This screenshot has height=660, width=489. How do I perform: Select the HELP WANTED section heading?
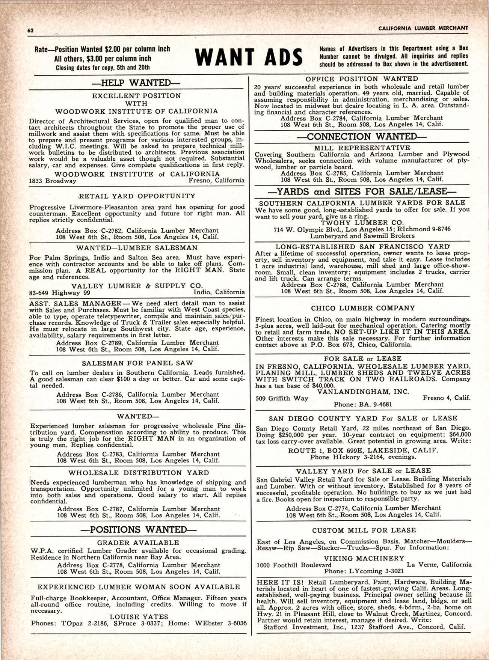click(136, 83)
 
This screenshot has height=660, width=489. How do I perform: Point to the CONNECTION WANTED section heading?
click(362, 136)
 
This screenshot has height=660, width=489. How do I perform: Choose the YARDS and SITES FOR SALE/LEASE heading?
click(362, 192)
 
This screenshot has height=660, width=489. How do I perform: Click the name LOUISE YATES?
click(139, 616)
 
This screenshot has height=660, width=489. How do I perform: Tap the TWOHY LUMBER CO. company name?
click(362, 222)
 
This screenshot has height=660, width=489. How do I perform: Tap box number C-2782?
click(116, 231)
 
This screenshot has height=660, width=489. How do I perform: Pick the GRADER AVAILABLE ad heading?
click(138, 542)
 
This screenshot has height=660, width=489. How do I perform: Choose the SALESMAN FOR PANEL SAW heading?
click(137, 363)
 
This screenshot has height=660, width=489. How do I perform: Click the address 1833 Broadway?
click(53, 181)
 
